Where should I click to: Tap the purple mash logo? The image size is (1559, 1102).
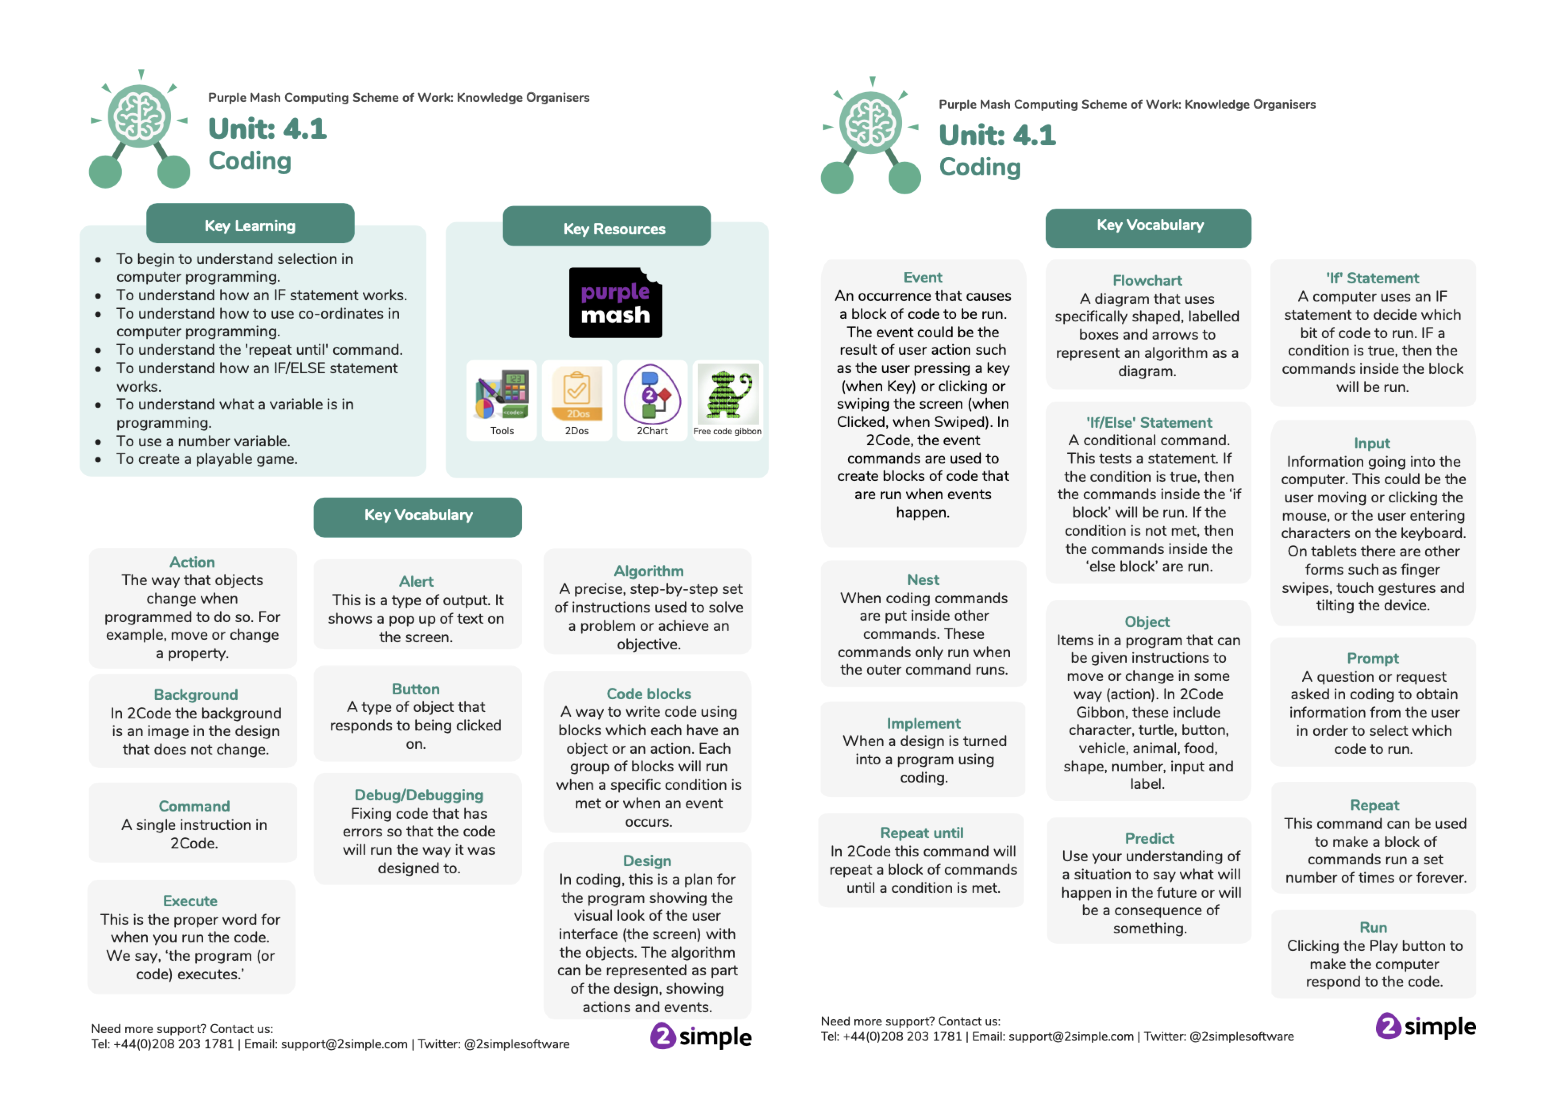click(615, 303)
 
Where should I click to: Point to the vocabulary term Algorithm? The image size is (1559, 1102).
click(648, 571)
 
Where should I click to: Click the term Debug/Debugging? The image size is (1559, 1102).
click(418, 795)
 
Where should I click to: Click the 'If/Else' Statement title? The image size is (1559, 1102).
click(1149, 422)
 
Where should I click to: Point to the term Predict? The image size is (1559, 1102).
click(1149, 838)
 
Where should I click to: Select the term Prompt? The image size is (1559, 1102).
click(1372, 659)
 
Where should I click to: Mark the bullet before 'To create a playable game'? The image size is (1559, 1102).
click(98, 460)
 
